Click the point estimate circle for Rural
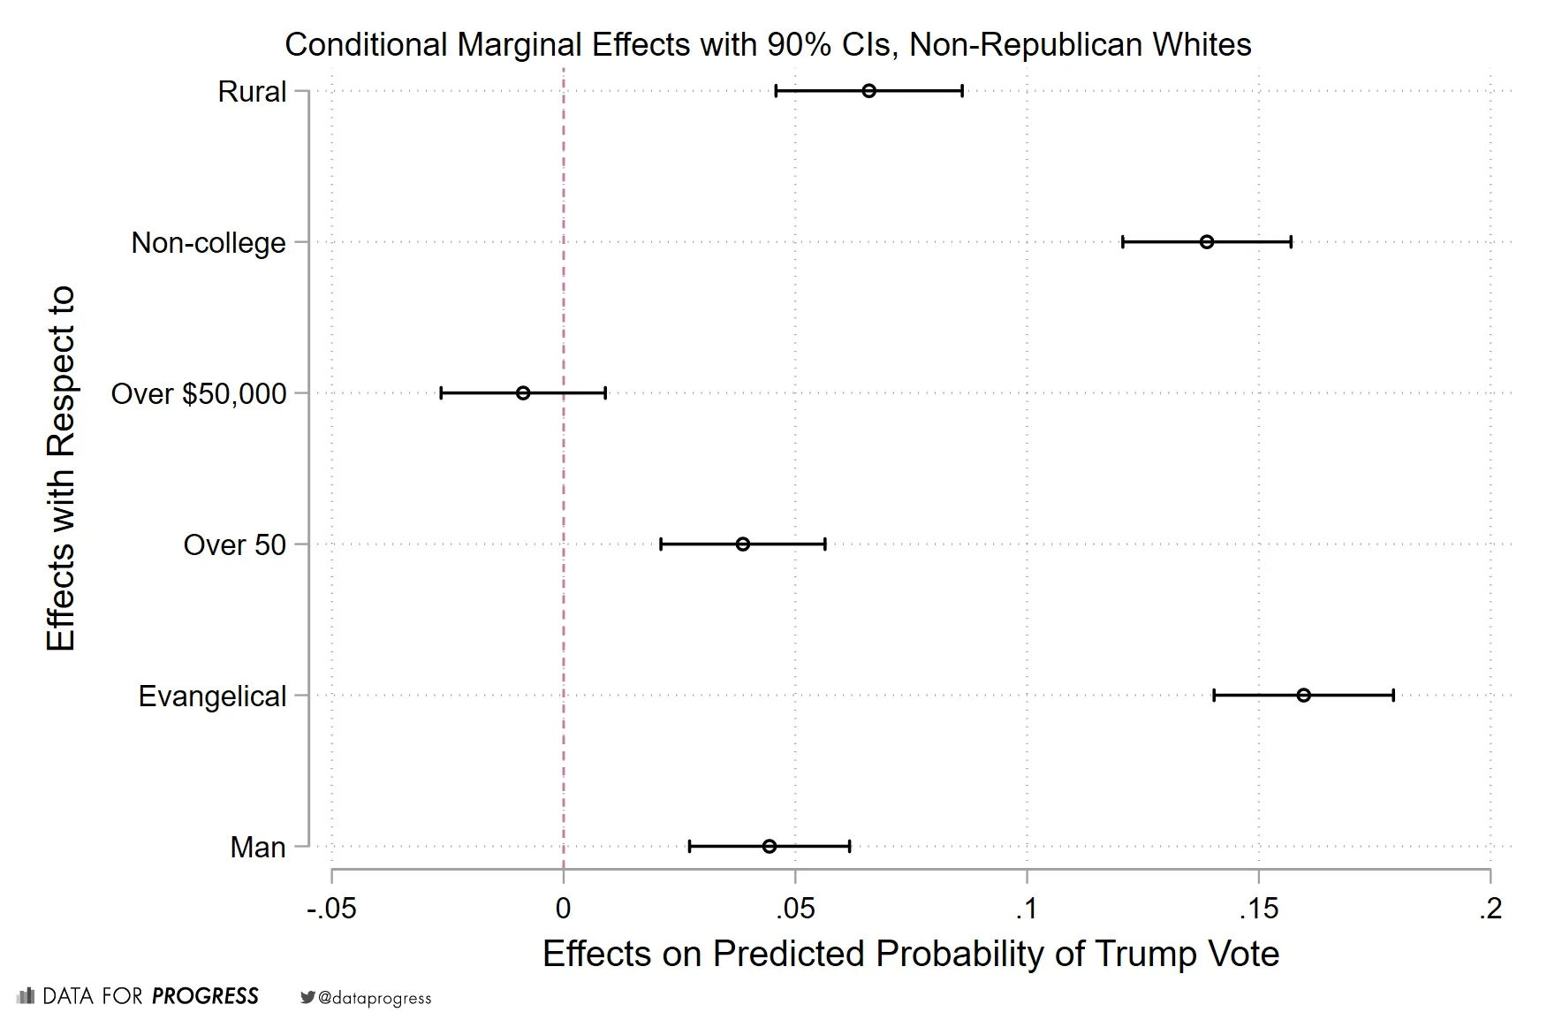tap(868, 91)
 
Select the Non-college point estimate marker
tap(1206, 242)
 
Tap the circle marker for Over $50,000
tap(523, 393)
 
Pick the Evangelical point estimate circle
tap(1303, 696)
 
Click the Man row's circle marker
tap(769, 847)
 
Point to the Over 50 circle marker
tap(742, 544)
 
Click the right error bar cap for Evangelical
tap(1393, 696)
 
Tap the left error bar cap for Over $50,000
tap(441, 393)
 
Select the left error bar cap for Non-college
tap(1123, 242)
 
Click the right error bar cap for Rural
tap(962, 91)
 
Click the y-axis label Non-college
tap(209, 243)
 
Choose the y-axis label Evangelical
tap(212, 696)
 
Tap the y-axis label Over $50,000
tap(199, 394)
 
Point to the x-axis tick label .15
tap(1258, 909)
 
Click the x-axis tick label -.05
tap(331, 909)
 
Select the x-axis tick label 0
tap(563, 909)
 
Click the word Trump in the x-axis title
tap(1137, 955)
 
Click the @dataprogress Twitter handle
tap(375, 998)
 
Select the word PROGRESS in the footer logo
tap(205, 996)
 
